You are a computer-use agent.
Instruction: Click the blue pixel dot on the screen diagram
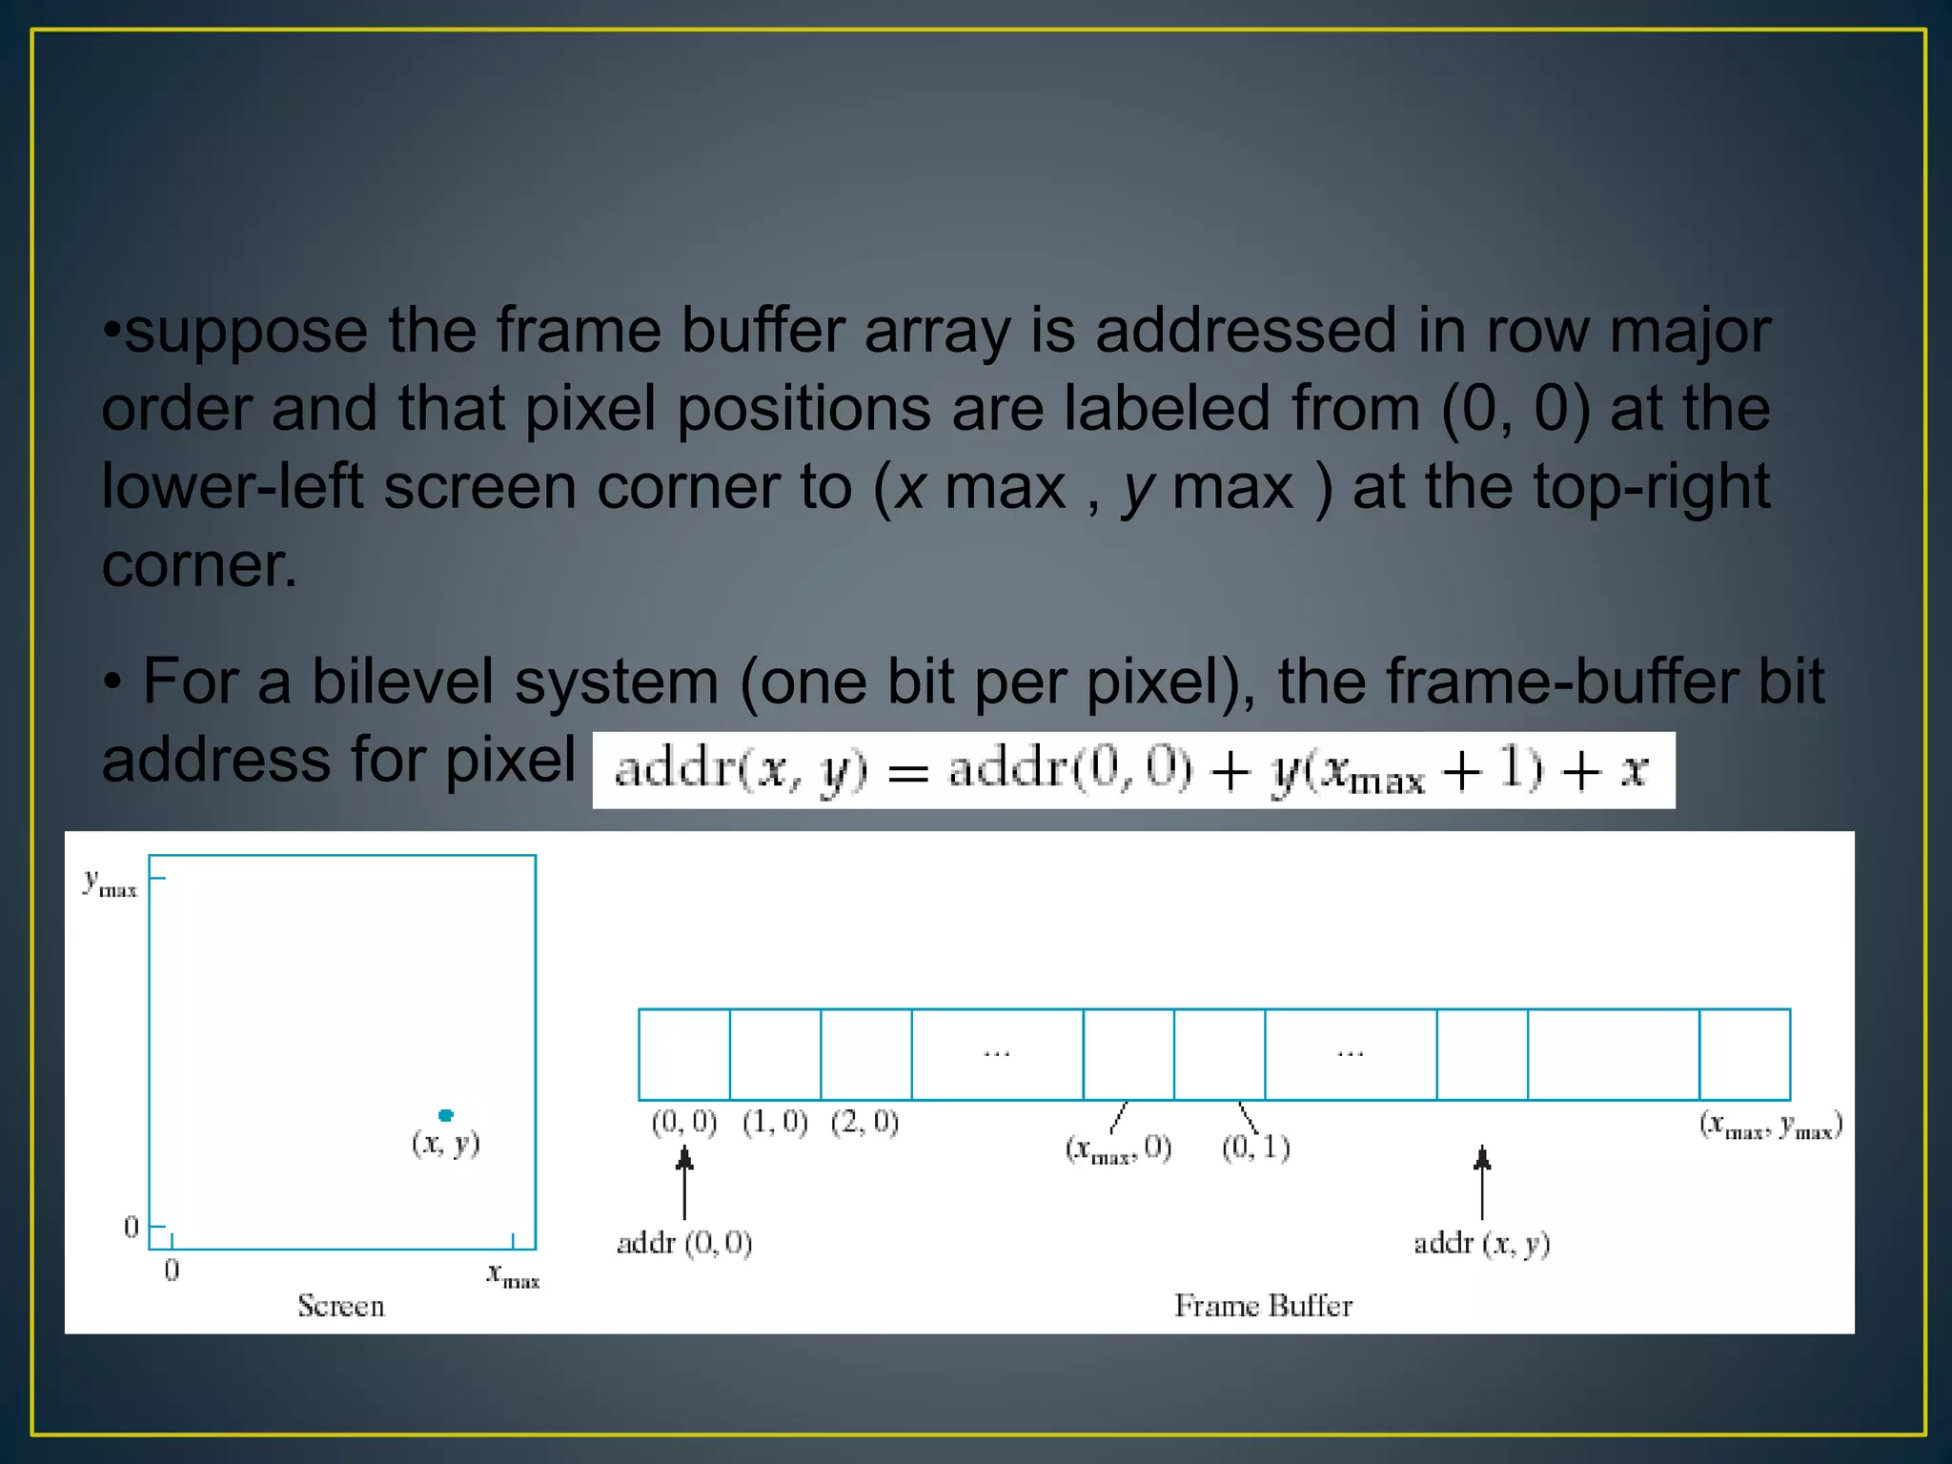tap(445, 1115)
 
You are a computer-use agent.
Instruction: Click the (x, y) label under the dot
tap(446, 1143)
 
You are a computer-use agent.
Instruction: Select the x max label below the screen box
tap(513, 1275)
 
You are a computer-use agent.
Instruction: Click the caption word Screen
tap(340, 1306)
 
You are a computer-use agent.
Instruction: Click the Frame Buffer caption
tap(1263, 1306)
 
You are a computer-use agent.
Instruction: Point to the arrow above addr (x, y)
tap(1481, 1182)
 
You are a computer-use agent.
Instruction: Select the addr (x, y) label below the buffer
tap(1481, 1244)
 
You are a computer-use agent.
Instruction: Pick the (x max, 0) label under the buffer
tap(1118, 1149)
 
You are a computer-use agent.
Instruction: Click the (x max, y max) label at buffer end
tap(1771, 1127)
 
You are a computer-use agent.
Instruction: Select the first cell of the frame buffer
tap(684, 1054)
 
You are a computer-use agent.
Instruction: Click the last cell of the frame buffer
tap(1744, 1054)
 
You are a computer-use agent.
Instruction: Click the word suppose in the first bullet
tap(246, 332)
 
